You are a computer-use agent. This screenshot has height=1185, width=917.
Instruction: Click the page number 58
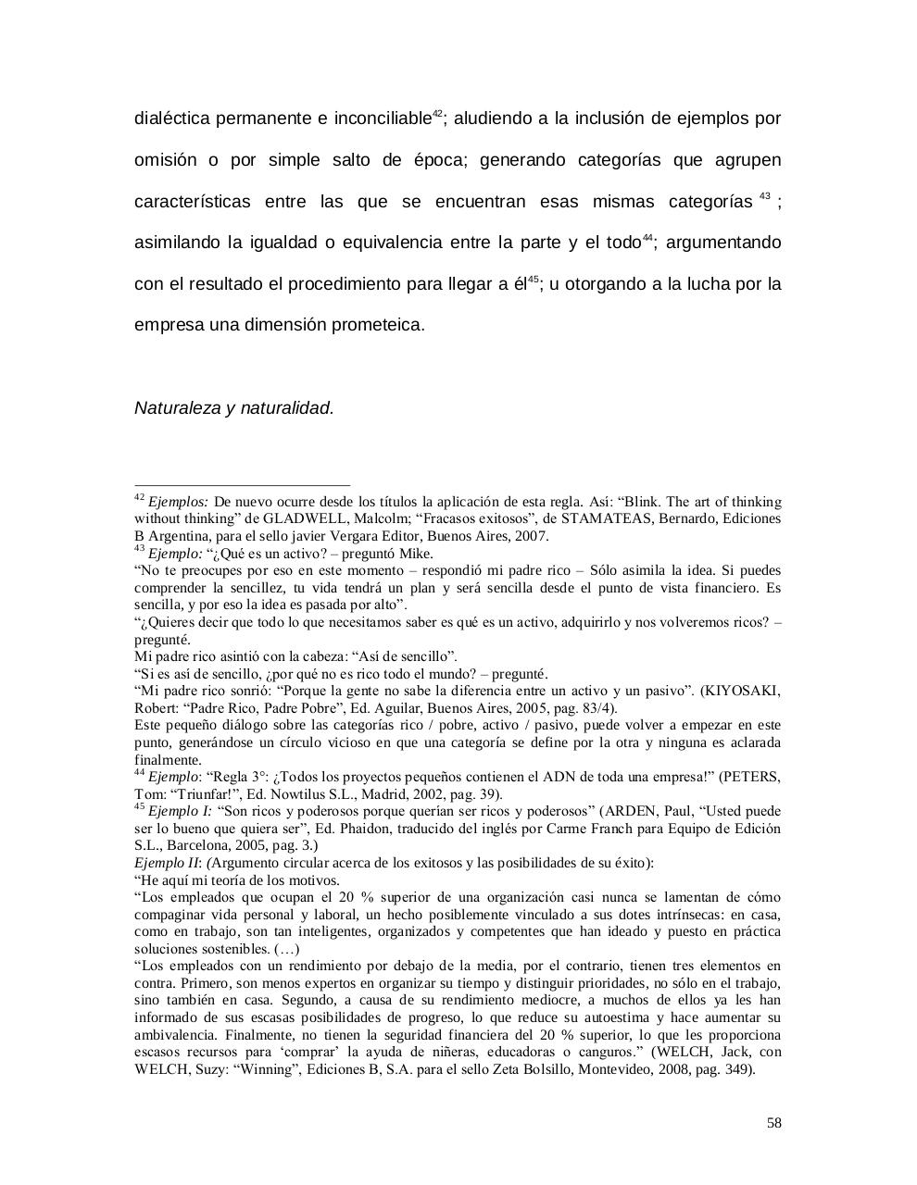[x=773, y=1123]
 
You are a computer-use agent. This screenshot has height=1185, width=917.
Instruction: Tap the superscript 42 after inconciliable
[x=438, y=115]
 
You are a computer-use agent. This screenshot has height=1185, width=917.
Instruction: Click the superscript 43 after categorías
[x=764, y=195]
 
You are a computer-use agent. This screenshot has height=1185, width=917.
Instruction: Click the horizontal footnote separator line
[x=243, y=484]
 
